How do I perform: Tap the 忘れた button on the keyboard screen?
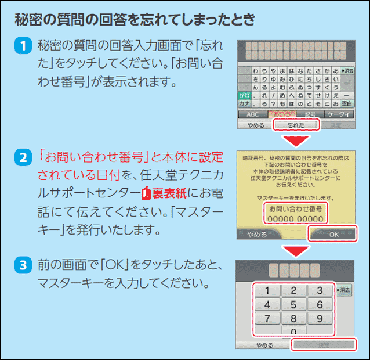(x=296, y=125)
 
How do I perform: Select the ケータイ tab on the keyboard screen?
(x=339, y=114)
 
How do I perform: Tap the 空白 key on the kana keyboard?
(x=348, y=103)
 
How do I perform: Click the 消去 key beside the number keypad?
(x=343, y=290)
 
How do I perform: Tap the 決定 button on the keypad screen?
(x=322, y=345)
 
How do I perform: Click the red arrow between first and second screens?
(x=296, y=141)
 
